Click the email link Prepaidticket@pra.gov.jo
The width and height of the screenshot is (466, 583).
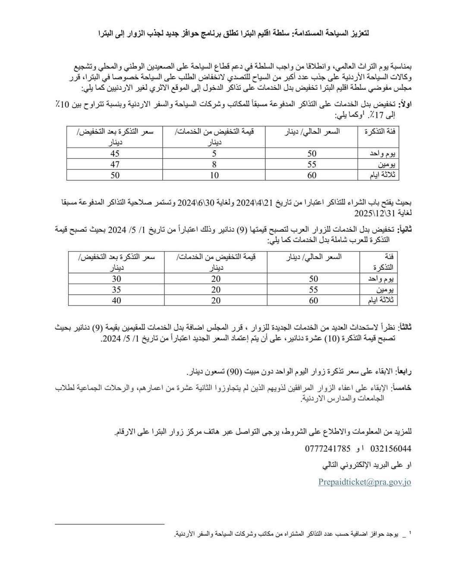(365, 482)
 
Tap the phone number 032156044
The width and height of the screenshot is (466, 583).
(390, 448)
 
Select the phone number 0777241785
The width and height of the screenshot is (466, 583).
(328, 448)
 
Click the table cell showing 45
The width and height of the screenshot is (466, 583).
(115, 154)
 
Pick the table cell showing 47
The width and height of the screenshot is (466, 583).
(115, 164)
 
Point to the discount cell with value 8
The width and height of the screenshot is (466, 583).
(214, 164)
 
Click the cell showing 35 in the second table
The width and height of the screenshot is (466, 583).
(116, 290)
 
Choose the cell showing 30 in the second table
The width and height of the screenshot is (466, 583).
(116, 279)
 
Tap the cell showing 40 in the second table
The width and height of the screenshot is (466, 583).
(116, 300)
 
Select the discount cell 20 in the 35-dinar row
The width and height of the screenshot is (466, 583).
(216, 290)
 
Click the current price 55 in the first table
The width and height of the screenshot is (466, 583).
(312, 164)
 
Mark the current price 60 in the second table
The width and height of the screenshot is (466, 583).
(314, 300)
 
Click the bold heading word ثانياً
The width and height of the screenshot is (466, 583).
(405, 230)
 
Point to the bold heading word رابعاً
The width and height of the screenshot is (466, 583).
(404, 371)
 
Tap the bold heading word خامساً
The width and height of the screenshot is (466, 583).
(402, 388)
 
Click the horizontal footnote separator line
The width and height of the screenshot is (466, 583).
(110, 524)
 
